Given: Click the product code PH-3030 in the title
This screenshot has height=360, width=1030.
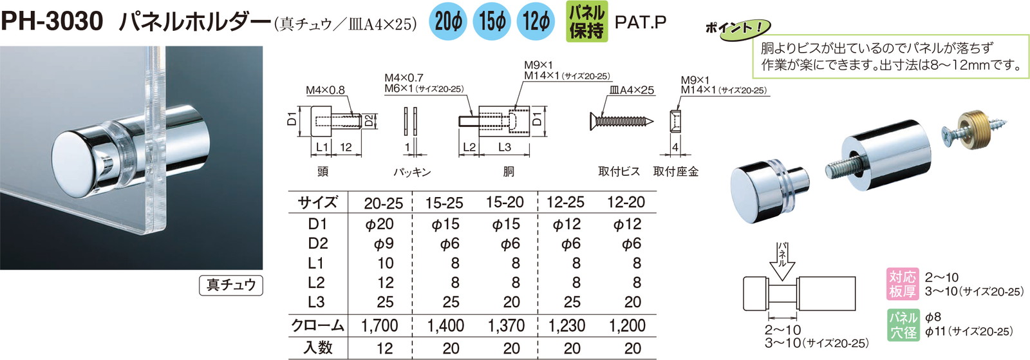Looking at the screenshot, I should tap(52, 22).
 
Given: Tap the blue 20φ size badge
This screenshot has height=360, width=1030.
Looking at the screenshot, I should tap(448, 22).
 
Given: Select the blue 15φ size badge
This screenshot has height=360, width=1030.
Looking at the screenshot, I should tap(492, 22).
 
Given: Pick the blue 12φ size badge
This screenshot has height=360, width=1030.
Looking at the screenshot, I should tap(536, 22).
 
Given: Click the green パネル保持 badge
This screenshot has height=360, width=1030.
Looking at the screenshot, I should tap(586, 22).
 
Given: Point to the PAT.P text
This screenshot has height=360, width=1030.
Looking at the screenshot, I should tap(640, 22).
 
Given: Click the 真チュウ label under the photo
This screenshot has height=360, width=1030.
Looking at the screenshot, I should tap(231, 285).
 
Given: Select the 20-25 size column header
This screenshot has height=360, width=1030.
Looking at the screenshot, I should tap(383, 204).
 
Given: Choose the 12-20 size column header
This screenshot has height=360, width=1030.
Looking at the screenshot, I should tap(626, 202).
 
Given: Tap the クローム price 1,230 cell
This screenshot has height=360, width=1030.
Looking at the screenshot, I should tap(566, 326).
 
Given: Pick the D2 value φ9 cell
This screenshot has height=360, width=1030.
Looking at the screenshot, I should tap(384, 244).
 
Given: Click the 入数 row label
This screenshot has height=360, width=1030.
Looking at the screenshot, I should tap(318, 348).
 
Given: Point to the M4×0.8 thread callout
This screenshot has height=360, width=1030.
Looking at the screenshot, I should tap(325, 90).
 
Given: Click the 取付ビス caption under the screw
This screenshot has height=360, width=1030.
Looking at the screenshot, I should tap(619, 171).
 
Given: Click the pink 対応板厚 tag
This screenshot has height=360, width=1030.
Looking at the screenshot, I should tap(903, 284).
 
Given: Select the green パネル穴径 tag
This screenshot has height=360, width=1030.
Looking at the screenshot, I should tap(903, 325).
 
